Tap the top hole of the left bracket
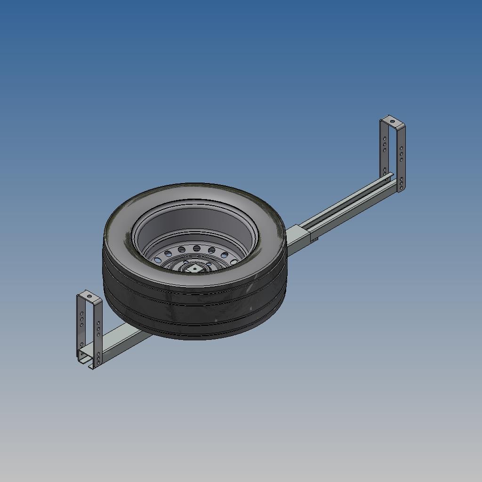88,297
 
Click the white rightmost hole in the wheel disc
233,262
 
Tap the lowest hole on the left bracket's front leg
98,364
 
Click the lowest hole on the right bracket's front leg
401,188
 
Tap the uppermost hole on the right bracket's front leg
401,149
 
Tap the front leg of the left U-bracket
98,334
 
